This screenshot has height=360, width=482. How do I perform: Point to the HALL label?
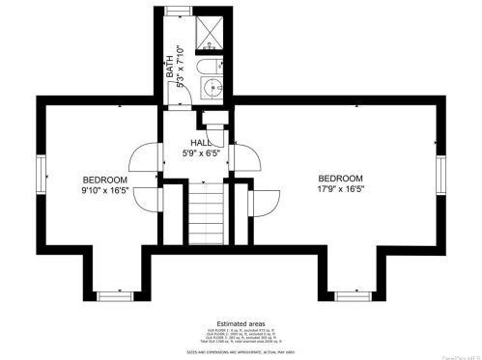click(201, 142)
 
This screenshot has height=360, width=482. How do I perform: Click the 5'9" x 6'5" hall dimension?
click(202, 152)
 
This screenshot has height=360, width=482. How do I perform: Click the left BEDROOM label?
click(104, 180)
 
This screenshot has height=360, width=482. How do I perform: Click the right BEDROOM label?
click(340, 179)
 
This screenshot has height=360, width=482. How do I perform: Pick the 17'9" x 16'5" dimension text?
click(340, 190)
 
